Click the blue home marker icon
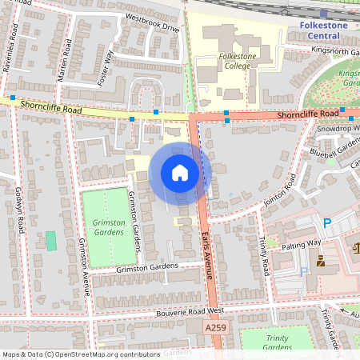[x=180, y=172]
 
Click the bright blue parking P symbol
[x=326, y=222]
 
